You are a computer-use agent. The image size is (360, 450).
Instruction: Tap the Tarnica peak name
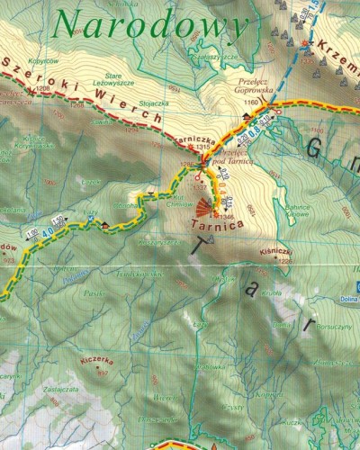(x=213, y=227)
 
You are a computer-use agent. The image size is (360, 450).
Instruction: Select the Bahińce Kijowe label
(x=297, y=209)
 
